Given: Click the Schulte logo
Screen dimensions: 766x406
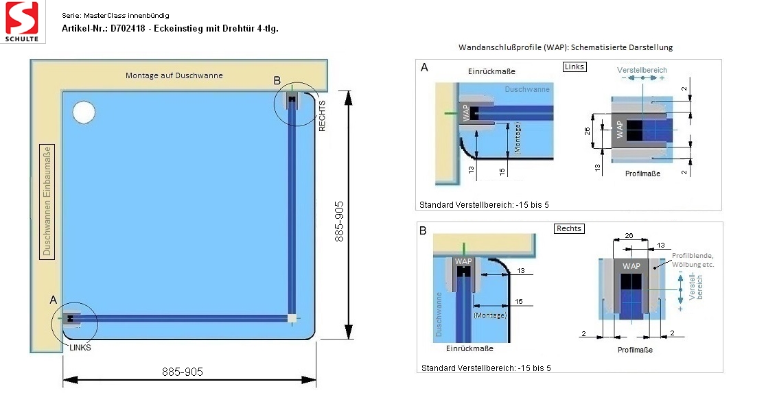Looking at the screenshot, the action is pos(22,21).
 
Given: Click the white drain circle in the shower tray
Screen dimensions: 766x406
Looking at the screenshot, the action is pos(84,112).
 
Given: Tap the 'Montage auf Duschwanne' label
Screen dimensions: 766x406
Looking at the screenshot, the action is pos(174,75).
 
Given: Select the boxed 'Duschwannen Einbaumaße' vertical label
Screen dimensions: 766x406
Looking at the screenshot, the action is pos(47,201).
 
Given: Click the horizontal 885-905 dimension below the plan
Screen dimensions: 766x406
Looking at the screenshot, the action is pos(182,372).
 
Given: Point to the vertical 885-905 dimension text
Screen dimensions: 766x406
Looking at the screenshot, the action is pos(339,221).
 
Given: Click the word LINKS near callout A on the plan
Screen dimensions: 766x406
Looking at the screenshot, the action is pos(80,348).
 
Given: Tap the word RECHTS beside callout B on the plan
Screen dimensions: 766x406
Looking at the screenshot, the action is pos(322,116).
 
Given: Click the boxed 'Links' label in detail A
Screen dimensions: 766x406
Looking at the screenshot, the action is pos(574,67).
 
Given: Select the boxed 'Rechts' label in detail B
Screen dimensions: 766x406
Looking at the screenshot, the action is pos(569,228).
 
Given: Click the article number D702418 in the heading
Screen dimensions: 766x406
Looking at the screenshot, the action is pos(128,28).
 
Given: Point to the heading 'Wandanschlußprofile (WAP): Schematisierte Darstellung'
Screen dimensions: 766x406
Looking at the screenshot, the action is pos(565,47).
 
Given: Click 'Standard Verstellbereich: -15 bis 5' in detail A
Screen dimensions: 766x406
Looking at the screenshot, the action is pos(484,205).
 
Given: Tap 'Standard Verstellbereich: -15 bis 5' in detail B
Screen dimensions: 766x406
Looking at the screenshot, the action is pos(486,368).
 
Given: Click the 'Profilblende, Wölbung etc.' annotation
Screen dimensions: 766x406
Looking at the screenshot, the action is pos(693,260).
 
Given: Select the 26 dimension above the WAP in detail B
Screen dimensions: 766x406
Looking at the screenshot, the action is pos(629,236).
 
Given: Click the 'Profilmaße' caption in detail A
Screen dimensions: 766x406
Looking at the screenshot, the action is pos(642,174).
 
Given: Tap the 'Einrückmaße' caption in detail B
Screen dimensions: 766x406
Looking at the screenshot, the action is pos(469,348).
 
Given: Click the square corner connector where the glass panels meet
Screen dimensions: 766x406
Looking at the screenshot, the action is pos(292,319).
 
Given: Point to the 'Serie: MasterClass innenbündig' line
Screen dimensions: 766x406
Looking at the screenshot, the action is pos(115,16).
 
